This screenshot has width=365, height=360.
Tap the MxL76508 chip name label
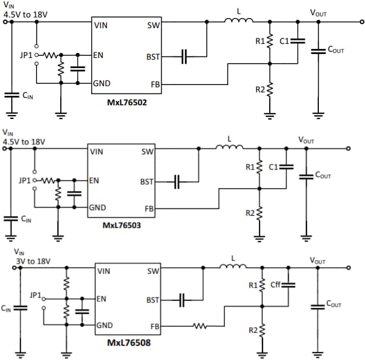[130, 342]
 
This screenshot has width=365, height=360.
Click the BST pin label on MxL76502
[153, 57]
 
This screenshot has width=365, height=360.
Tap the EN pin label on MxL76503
[95, 181]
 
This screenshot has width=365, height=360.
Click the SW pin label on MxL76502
[153, 25]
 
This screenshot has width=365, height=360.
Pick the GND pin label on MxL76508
[105, 325]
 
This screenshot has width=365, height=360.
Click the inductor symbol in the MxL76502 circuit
[239, 21]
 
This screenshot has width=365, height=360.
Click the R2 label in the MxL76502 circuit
[260, 90]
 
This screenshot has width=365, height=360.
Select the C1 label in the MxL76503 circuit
[274, 167]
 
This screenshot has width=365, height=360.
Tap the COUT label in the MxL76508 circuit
[334, 304]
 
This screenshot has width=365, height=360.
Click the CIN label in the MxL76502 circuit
[28, 96]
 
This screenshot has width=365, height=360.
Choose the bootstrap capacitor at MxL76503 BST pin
[176, 182]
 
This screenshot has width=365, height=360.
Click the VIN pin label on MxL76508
[104, 271]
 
